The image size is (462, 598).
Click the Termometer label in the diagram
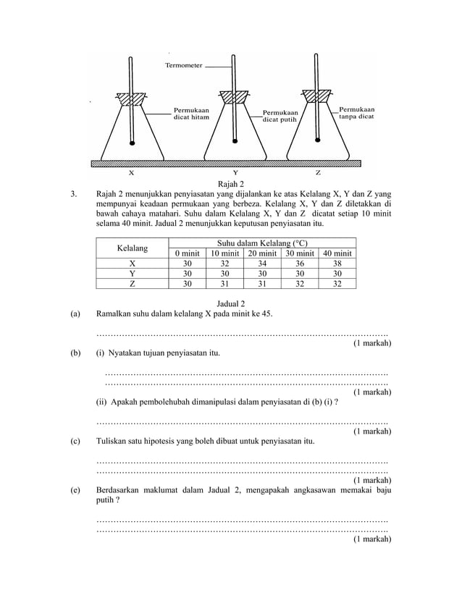tap(184, 65)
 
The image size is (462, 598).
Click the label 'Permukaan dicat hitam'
tap(191, 114)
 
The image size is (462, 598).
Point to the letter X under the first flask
tap(131, 174)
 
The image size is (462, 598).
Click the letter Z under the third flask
tap(318, 174)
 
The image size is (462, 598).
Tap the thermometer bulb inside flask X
tap(133, 143)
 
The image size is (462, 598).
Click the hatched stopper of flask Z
tap(318, 95)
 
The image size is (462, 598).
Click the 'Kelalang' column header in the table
tap(133, 248)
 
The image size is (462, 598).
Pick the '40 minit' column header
tap(337, 253)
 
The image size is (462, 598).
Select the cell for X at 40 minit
tap(337, 264)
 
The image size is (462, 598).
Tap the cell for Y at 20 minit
tap(261, 274)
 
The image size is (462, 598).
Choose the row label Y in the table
tap(133, 274)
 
